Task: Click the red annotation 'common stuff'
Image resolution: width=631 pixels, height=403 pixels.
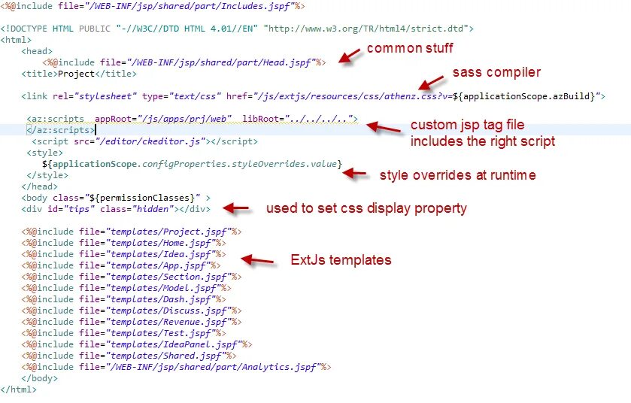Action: [410, 49]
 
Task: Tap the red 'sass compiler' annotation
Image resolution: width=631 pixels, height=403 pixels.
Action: [496, 73]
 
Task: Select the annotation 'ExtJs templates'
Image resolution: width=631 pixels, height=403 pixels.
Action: [341, 260]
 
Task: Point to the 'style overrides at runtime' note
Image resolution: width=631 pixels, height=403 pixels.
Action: [457, 175]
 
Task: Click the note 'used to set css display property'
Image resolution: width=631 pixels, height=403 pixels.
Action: [366, 208]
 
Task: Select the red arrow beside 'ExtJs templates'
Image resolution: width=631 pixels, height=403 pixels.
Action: [257, 260]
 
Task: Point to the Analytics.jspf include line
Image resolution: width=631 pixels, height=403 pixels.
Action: [176, 367]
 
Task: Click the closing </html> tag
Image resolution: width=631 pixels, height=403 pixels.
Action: [18, 389]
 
